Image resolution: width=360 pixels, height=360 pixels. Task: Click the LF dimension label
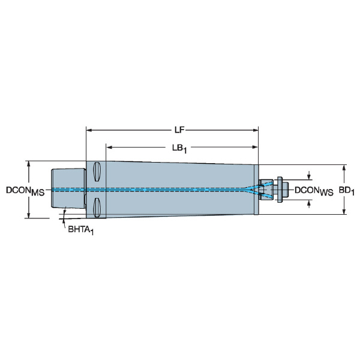[179, 130]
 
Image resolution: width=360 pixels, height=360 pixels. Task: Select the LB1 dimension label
[179, 148]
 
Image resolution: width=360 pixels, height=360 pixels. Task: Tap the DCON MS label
[25, 191]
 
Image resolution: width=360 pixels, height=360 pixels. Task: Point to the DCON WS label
[314, 191]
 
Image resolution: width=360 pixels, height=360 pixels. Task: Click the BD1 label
[347, 191]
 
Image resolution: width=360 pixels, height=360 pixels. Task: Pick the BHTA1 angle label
[81, 230]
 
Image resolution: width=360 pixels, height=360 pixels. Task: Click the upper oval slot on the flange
[97, 172]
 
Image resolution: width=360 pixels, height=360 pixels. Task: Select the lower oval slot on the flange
[97, 208]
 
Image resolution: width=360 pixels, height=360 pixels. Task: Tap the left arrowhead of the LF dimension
[89, 130]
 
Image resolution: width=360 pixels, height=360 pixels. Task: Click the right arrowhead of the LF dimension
[256, 130]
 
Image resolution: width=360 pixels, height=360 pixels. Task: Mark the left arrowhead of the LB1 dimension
[109, 147]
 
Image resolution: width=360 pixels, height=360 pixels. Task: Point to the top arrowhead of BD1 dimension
[344, 168]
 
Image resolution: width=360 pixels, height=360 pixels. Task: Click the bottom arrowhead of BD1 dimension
[344, 211]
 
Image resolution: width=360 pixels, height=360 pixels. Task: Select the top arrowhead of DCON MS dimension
[29, 164]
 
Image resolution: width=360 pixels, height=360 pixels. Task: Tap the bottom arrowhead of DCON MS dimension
[29, 215]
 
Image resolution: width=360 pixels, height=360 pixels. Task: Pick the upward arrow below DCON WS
[309, 204]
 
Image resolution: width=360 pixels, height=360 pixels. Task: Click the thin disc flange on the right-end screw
[280, 190]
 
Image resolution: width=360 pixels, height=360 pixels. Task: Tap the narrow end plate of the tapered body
[256, 190]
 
